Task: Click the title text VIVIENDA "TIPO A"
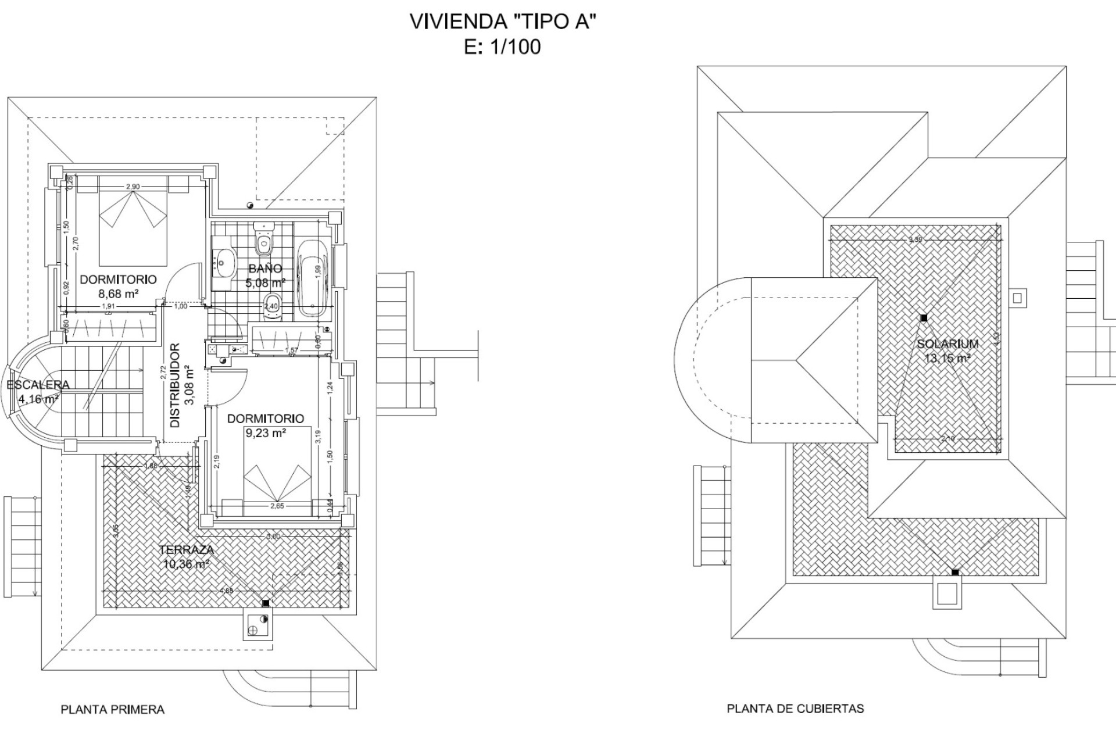pyautogui.click(x=503, y=22)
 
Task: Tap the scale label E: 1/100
pyautogui.click(x=503, y=47)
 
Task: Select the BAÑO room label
pyautogui.click(x=265, y=269)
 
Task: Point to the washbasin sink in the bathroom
pyautogui.click(x=223, y=262)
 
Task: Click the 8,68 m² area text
pyautogui.click(x=119, y=294)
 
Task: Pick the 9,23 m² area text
pyautogui.click(x=265, y=433)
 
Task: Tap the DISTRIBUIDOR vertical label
pyautogui.click(x=175, y=385)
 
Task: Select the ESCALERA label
pyautogui.click(x=38, y=385)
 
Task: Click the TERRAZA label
pyautogui.click(x=186, y=549)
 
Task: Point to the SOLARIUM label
pyautogui.click(x=947, y=344)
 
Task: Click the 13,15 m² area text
pyautogui.click(x=947, y=359)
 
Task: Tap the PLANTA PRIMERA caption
pyautogui.click(x=113, y=710)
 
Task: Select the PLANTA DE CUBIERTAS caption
pyautogui.click(x=795, y=709)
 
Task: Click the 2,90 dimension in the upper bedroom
pyautogui.click(x=133, y=187)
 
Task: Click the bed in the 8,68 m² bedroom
pyautogui.click(x=133, y=227)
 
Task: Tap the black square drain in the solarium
pyautogui.click(x=923, y=317)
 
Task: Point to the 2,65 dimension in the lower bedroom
pyautogui.click(x=277, y=506)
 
